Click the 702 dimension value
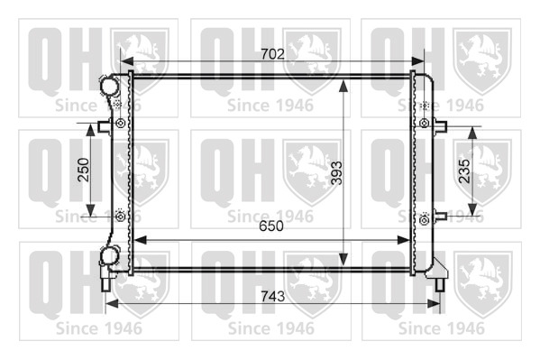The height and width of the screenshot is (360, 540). [x=272, y=54]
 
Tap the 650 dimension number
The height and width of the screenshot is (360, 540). [x=271, y=226]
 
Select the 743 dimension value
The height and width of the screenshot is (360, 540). [x=273, y=296]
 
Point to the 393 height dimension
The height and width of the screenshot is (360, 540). [x=337, y=172]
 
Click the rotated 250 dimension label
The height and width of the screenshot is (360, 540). [x=84, y=170]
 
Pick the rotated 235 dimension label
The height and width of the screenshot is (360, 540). [x=464, y=171]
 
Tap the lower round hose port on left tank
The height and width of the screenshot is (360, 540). [x=109, y=256]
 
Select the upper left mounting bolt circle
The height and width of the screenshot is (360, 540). [x=121, y=123]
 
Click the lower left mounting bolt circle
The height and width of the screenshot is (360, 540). [x=121, y=217]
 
